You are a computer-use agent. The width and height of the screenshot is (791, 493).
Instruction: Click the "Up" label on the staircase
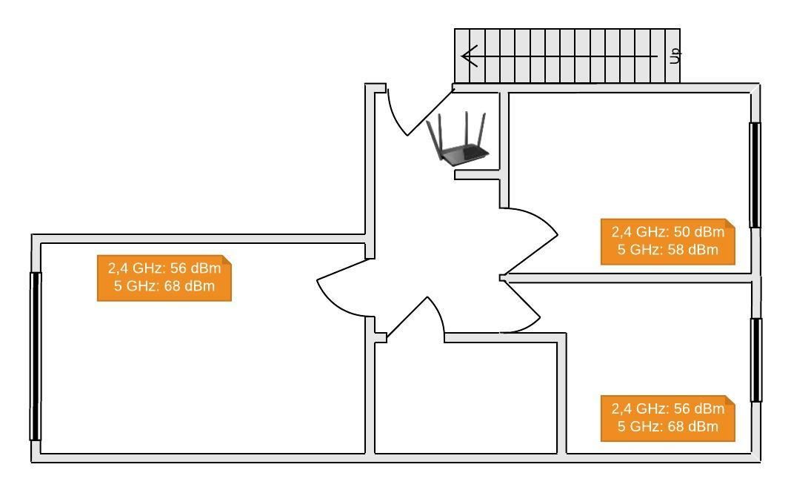(675, 56)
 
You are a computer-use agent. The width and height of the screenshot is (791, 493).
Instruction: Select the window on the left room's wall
(36, 356)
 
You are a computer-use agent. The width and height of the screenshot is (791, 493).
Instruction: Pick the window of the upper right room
(755, 175)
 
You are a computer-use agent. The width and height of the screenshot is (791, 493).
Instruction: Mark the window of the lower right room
(755, 360)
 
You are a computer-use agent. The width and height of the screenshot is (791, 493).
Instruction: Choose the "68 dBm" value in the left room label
(190, 286)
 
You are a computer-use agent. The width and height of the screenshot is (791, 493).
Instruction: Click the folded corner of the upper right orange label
(730, 223)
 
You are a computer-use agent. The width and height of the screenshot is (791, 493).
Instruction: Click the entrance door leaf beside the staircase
(430, 112)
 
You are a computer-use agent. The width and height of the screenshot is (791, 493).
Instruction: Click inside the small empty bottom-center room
(466, 398)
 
